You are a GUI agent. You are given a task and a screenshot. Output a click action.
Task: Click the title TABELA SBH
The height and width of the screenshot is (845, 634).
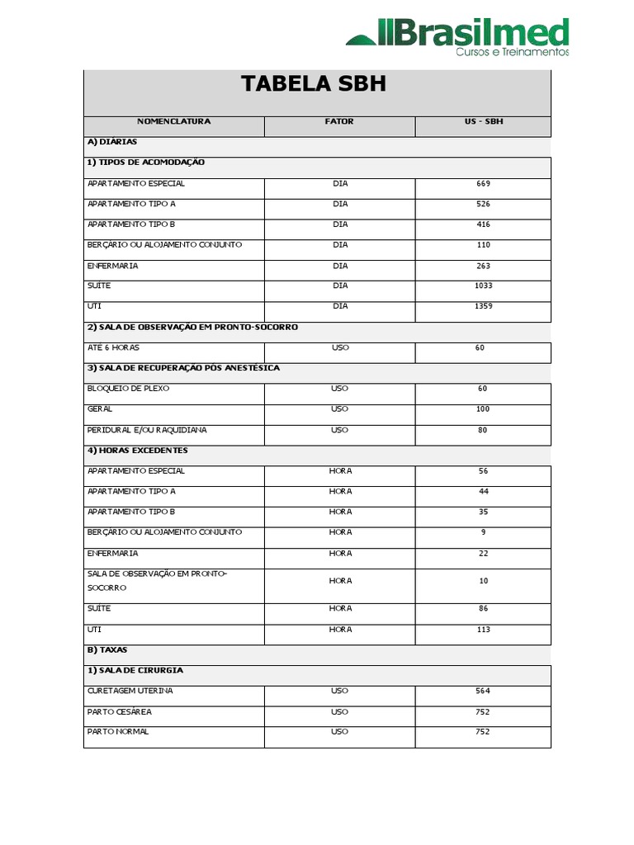click(x=313, y=84)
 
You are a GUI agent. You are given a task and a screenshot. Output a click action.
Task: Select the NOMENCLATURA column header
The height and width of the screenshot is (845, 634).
click(x=173, y=121)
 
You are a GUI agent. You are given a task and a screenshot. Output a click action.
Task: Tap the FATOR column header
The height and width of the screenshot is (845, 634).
click(x=339, y=121)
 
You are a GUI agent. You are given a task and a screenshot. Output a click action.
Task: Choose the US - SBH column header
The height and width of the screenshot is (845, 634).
click(x=483, y=121)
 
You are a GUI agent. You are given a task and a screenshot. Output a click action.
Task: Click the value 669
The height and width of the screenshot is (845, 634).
click(x=483, y=183)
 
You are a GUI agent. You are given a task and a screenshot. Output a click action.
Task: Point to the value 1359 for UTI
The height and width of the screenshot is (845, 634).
click(x=483, y=306)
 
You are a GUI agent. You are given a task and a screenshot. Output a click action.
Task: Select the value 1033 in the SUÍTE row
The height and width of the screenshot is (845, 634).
click(x=483, y=286)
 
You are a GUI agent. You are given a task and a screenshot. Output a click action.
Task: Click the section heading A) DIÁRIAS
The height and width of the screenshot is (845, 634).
click(x=112, y=142)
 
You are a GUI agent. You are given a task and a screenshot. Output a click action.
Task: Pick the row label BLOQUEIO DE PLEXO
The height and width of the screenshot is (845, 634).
click(x=128, y=389)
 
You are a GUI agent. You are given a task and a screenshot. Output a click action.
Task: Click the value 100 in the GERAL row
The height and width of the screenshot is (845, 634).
click(x=483, y=409)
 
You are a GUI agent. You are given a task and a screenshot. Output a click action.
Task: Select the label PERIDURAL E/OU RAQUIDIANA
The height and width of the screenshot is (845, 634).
click(x=147, y=430)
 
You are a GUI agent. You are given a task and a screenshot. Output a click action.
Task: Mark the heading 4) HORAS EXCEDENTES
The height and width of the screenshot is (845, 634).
click(x=138, y=451)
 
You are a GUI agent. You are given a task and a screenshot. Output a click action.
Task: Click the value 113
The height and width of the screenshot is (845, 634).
click(x=483, y=630)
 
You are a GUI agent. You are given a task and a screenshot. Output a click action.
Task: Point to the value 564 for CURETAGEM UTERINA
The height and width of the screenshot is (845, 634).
click(x=483, y=691)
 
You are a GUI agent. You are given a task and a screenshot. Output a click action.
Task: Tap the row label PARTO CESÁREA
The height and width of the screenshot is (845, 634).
click(x=120, y=711)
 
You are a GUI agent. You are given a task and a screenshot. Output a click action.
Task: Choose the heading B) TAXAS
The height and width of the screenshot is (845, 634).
click(x=107, y=650)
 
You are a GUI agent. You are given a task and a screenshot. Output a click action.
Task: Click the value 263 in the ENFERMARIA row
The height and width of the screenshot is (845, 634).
click(x=483, y=266)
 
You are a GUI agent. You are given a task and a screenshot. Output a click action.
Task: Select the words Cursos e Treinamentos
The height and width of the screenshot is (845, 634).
click(x=513, y=51)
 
